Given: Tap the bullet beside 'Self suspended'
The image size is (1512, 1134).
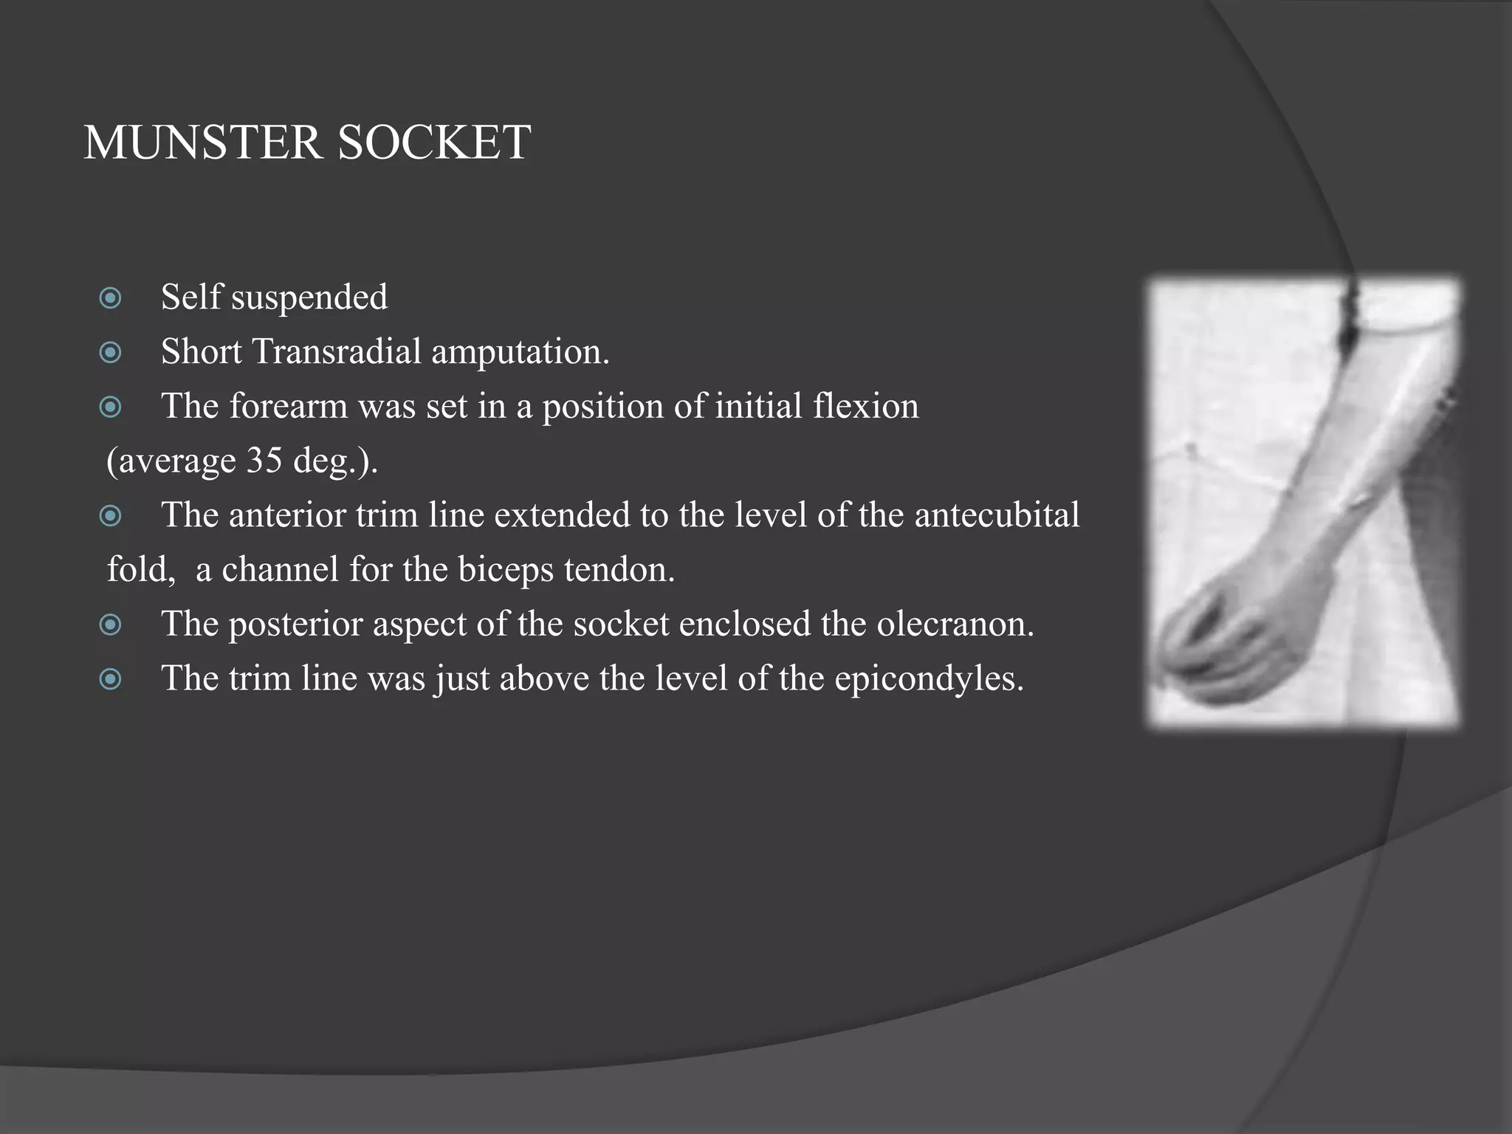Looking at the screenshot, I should pos(110,298).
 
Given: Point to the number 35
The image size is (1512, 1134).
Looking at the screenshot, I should pos(264,461).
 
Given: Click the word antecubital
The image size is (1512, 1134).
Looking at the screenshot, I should pos(997,515).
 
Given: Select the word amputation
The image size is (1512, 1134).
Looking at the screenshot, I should pos(520,352).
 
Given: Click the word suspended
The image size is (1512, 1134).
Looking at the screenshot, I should pos(309,298).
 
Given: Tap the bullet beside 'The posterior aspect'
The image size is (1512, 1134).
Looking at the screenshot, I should pos(110,625).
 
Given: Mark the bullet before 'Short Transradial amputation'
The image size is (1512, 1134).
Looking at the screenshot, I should pos(110,353).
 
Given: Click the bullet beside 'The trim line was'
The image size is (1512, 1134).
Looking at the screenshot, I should pos(110,679).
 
